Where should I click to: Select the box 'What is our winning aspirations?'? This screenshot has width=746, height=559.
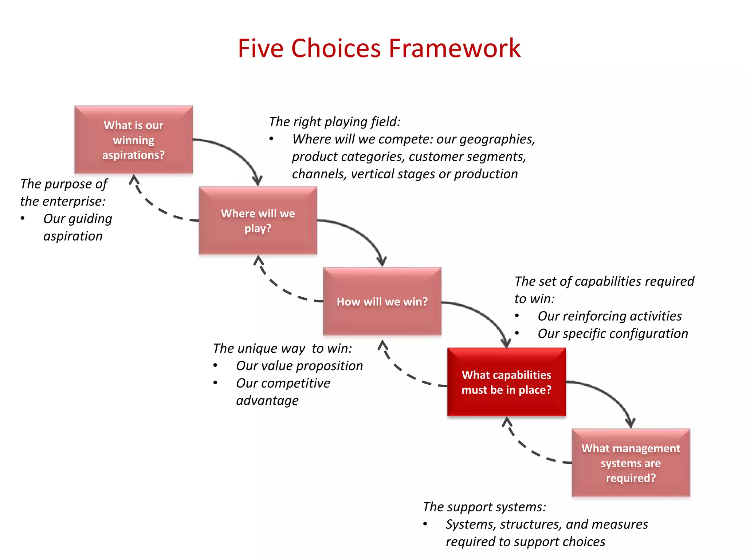pos(133,140)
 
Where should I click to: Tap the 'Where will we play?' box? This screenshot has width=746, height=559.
pos(258,221)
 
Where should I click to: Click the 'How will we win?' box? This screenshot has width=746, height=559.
pos(382,301)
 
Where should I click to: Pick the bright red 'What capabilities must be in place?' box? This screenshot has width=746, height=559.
pos(506,382)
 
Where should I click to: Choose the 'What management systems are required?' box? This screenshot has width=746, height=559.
pos(631,463)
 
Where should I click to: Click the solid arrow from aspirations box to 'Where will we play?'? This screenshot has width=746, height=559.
pos(237,153)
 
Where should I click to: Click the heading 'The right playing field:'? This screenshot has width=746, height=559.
pos(334,122)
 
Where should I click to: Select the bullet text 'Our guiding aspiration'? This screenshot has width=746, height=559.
pos(77,227)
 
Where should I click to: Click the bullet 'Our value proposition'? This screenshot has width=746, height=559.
pos(299,366)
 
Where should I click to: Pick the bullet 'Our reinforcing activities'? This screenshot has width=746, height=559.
pos(609,316)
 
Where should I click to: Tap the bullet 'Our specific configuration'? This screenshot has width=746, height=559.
pos(613,333)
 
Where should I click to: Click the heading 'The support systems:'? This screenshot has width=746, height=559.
pos(484,507)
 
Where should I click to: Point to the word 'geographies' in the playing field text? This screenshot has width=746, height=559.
pos(497,139)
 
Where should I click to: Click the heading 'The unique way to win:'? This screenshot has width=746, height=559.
pos(282,348)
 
